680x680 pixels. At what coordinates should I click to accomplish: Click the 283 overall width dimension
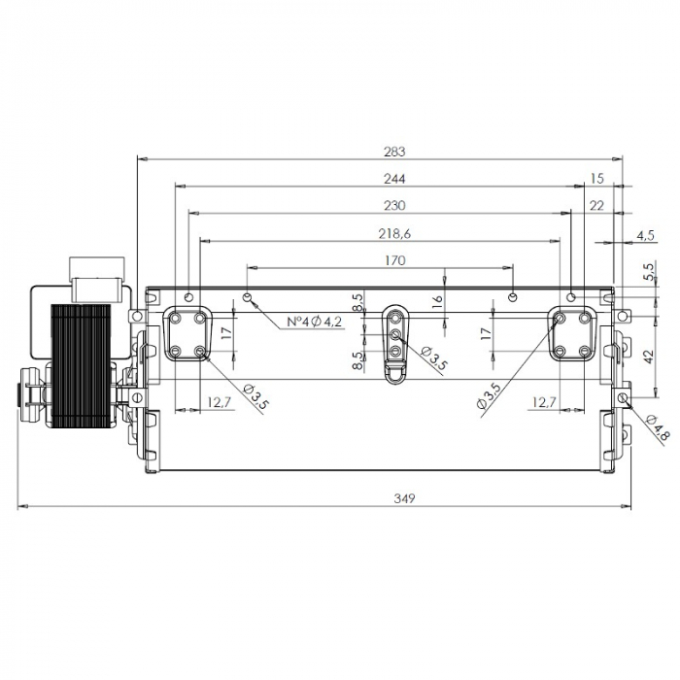pos(393,152)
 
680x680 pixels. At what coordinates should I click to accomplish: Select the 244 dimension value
pos(393,179)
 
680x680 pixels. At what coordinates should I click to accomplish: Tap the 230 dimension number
pos(393,206)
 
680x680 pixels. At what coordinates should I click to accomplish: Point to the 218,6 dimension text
pos(393,233)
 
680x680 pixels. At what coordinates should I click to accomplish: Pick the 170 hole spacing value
pos(393,260)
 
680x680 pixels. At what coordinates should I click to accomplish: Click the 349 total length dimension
pos(405,498)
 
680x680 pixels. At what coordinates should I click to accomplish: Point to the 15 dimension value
pos(596,179)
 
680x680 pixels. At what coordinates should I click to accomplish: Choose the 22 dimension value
pos(596,206)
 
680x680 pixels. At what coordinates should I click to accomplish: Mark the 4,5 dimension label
pos(645,234)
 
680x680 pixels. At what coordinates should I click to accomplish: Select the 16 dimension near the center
pos(438,301)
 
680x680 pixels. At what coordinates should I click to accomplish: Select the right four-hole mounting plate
pos(573,334)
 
